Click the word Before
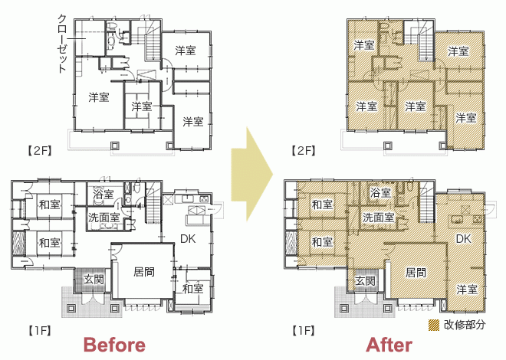coord(114,345)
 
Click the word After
coord(389,345)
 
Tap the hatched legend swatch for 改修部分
coord(434,326)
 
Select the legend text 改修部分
coord(465,325)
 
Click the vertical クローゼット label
coord(62,44)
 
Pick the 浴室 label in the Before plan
coord(103,194)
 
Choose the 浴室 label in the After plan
coord(380,193)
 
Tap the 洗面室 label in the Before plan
coord(104,218)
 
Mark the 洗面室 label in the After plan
coord(379,218)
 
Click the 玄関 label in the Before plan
coord(94,279)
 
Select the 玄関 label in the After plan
coord(365,281)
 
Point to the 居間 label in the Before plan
coord(144,272)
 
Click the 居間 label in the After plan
coord(416,273)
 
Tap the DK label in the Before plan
coord(188,239)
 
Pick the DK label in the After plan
coord(463,239)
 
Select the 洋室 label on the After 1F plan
coord(467,290)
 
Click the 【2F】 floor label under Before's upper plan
coord(39,151)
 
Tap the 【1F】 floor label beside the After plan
coord(304,331)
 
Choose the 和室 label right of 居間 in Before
coord(193,289)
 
